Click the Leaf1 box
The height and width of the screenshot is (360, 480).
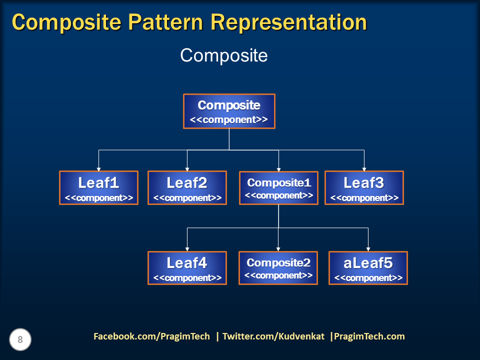point(98,188)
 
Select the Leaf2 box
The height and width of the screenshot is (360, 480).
point(187,188)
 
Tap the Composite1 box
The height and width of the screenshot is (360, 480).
point(278,188)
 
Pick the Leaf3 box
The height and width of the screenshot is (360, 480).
point(364,188)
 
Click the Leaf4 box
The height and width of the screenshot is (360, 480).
point(187,268)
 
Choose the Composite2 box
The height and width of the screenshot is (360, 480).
point(278,268)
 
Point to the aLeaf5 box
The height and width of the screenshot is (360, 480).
point(368,268)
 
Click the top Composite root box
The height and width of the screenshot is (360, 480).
point(229,111)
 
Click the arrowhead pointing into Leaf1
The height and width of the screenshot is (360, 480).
point(98,168)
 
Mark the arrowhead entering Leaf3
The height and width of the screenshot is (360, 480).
point(364,168)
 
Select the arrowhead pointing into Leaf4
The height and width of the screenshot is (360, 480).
point(187,248)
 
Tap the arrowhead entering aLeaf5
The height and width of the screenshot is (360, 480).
point(368,248)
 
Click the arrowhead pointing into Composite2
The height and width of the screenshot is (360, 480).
point(278,248)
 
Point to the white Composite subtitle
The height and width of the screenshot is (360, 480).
point(224,55)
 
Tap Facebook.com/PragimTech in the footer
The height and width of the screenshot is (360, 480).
point(151,336)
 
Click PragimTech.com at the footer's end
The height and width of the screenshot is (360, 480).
point(369,336)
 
